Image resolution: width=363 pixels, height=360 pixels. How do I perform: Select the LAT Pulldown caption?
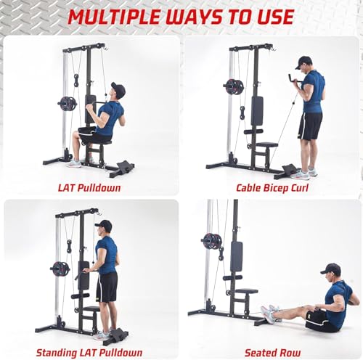pos(90,187)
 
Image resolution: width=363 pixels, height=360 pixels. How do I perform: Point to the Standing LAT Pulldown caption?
pos(90,352)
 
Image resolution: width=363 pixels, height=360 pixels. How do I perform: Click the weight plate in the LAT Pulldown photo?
pos(68,103)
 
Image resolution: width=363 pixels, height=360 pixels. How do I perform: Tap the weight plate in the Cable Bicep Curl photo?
pos(234,87)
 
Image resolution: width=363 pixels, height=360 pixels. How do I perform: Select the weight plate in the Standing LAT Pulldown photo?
pos(60,268)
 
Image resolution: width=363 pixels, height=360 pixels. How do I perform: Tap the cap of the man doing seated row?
pos(331,269)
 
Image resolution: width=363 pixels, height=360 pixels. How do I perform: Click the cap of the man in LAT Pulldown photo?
pos(117,89)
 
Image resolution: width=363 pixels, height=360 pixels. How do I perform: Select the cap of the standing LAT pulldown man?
pos(105,224)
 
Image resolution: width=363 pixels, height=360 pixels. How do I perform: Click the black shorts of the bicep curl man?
pos(310,126)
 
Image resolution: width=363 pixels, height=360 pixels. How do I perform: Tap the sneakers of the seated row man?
pos(270,314)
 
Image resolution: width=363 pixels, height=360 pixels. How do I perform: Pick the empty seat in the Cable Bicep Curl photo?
pos(266,145)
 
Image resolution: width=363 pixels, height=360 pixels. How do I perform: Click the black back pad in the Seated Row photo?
pos(236,256)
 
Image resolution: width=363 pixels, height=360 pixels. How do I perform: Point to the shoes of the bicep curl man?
pos(304,173)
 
